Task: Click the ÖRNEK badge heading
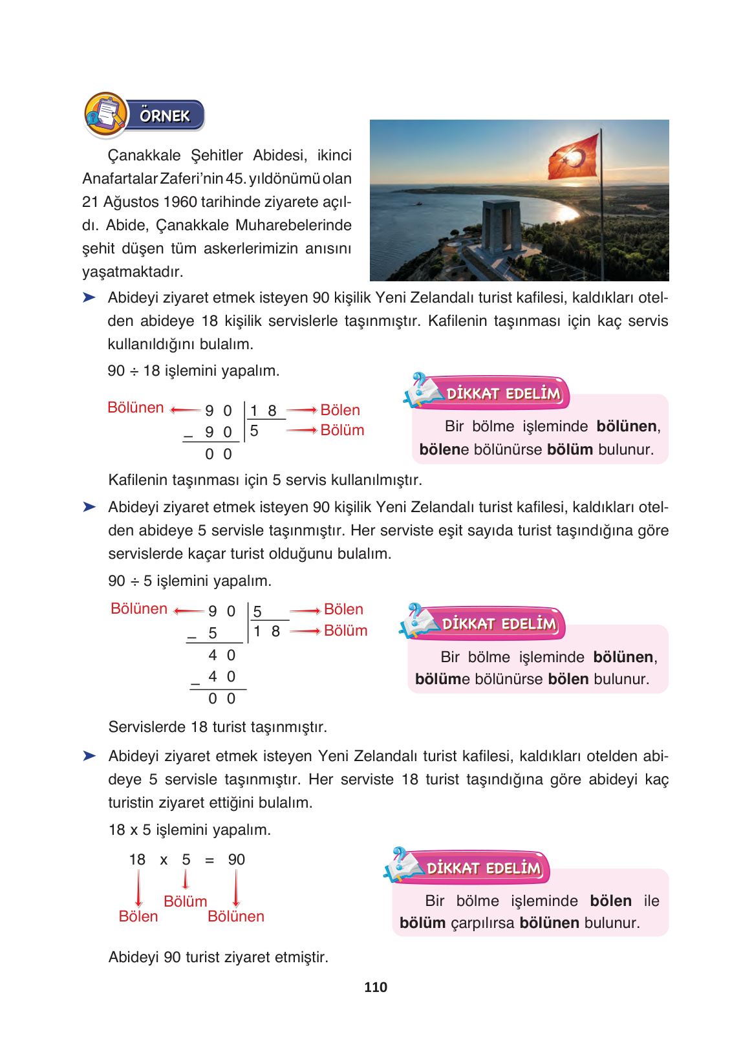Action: click(x=164, y=116)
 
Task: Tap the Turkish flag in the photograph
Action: click(x=574, y=156)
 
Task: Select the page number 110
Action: click(x=376, y=987)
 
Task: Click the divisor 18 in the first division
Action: click(x=263, y=411)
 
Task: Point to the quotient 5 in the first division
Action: click(x=254, y=431)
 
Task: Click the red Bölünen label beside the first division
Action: click(x=136, y=407)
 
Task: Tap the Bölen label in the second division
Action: click(x=343, y=609)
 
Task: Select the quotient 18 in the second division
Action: click(x=266, y=631)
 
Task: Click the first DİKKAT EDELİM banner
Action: click(x=502, y=393)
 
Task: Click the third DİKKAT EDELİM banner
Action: click(x=483, y=868)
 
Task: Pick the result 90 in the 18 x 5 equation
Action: click(x=236, y=859)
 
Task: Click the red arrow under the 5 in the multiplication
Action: click(x=186, y=879)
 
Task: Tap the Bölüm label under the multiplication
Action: click(x=185, y=901)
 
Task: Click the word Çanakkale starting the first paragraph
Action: click(x=144, y=155)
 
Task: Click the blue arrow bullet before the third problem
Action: click(x=89, y=755)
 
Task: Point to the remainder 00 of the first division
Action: click(x=219, y=454)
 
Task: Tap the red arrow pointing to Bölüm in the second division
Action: click(x=305, y=631)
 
